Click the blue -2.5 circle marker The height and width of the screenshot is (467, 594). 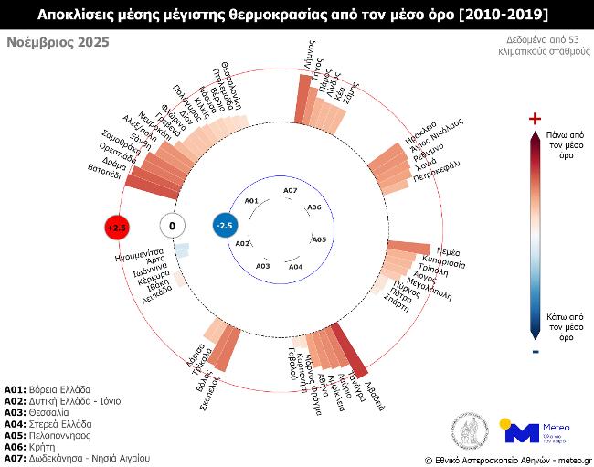(224, 226)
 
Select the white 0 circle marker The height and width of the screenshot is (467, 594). (172, 226)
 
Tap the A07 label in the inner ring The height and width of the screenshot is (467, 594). (290, 190)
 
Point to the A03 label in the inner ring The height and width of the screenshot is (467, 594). (263, 266)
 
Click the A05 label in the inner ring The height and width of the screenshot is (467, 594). (319, 239)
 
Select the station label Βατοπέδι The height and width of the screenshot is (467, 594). (105, 171)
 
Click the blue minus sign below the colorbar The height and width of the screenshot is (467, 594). (536, 351)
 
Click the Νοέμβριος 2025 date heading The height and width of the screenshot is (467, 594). (58, 42)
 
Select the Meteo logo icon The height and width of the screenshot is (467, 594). (522, 431)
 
